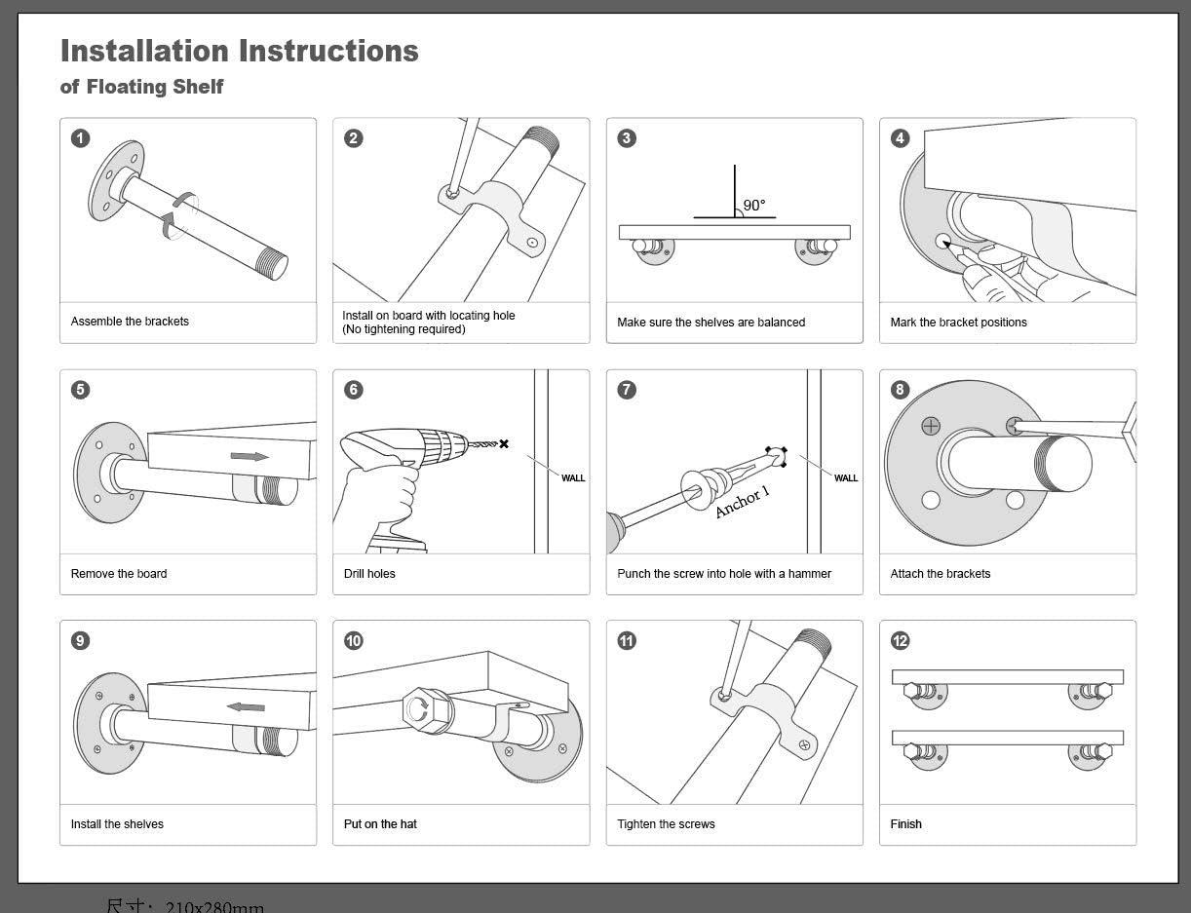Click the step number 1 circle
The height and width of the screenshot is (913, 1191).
pos(80,138)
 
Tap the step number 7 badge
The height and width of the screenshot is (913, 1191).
pos(627,390)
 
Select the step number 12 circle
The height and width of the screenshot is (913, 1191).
pos(900,640)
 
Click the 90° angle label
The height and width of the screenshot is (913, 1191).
pos(754,206)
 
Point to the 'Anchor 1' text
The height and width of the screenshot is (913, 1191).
pos(742,502)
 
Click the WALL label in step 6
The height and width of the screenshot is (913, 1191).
pos(573,477)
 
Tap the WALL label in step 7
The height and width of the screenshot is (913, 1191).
pos(846,477)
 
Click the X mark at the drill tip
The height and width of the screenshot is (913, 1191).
pos(504,444)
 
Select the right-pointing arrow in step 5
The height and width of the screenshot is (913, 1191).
pos(250,456)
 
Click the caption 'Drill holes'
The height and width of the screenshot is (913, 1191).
pos(369,574)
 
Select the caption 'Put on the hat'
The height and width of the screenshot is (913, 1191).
pos(380,824)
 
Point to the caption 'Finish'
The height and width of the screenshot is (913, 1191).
pos(905,824)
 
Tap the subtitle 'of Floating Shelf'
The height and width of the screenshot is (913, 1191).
pos(142,87)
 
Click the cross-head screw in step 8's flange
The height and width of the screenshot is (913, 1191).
pos(931,426)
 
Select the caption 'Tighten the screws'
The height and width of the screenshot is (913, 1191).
pos(666,824)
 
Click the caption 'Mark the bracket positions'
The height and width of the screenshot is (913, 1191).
pos(958,323)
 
